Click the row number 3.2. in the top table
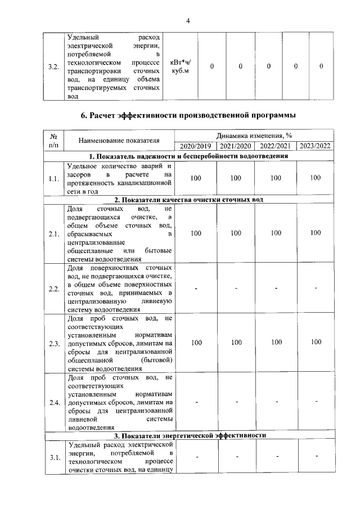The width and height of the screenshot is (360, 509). click(x=54, y=67)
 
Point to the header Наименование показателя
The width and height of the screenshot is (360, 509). click(x=119, y=141)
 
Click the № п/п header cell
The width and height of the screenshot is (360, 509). click(x=55, y=141)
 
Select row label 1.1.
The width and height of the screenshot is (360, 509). click(x=55, y=179)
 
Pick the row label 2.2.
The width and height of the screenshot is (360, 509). click(x=55, y=289)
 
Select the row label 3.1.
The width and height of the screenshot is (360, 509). click(x=55, y=457)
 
